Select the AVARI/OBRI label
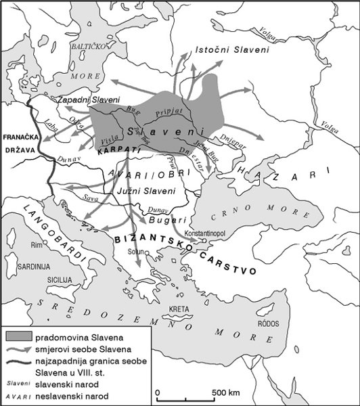point(138,173)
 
